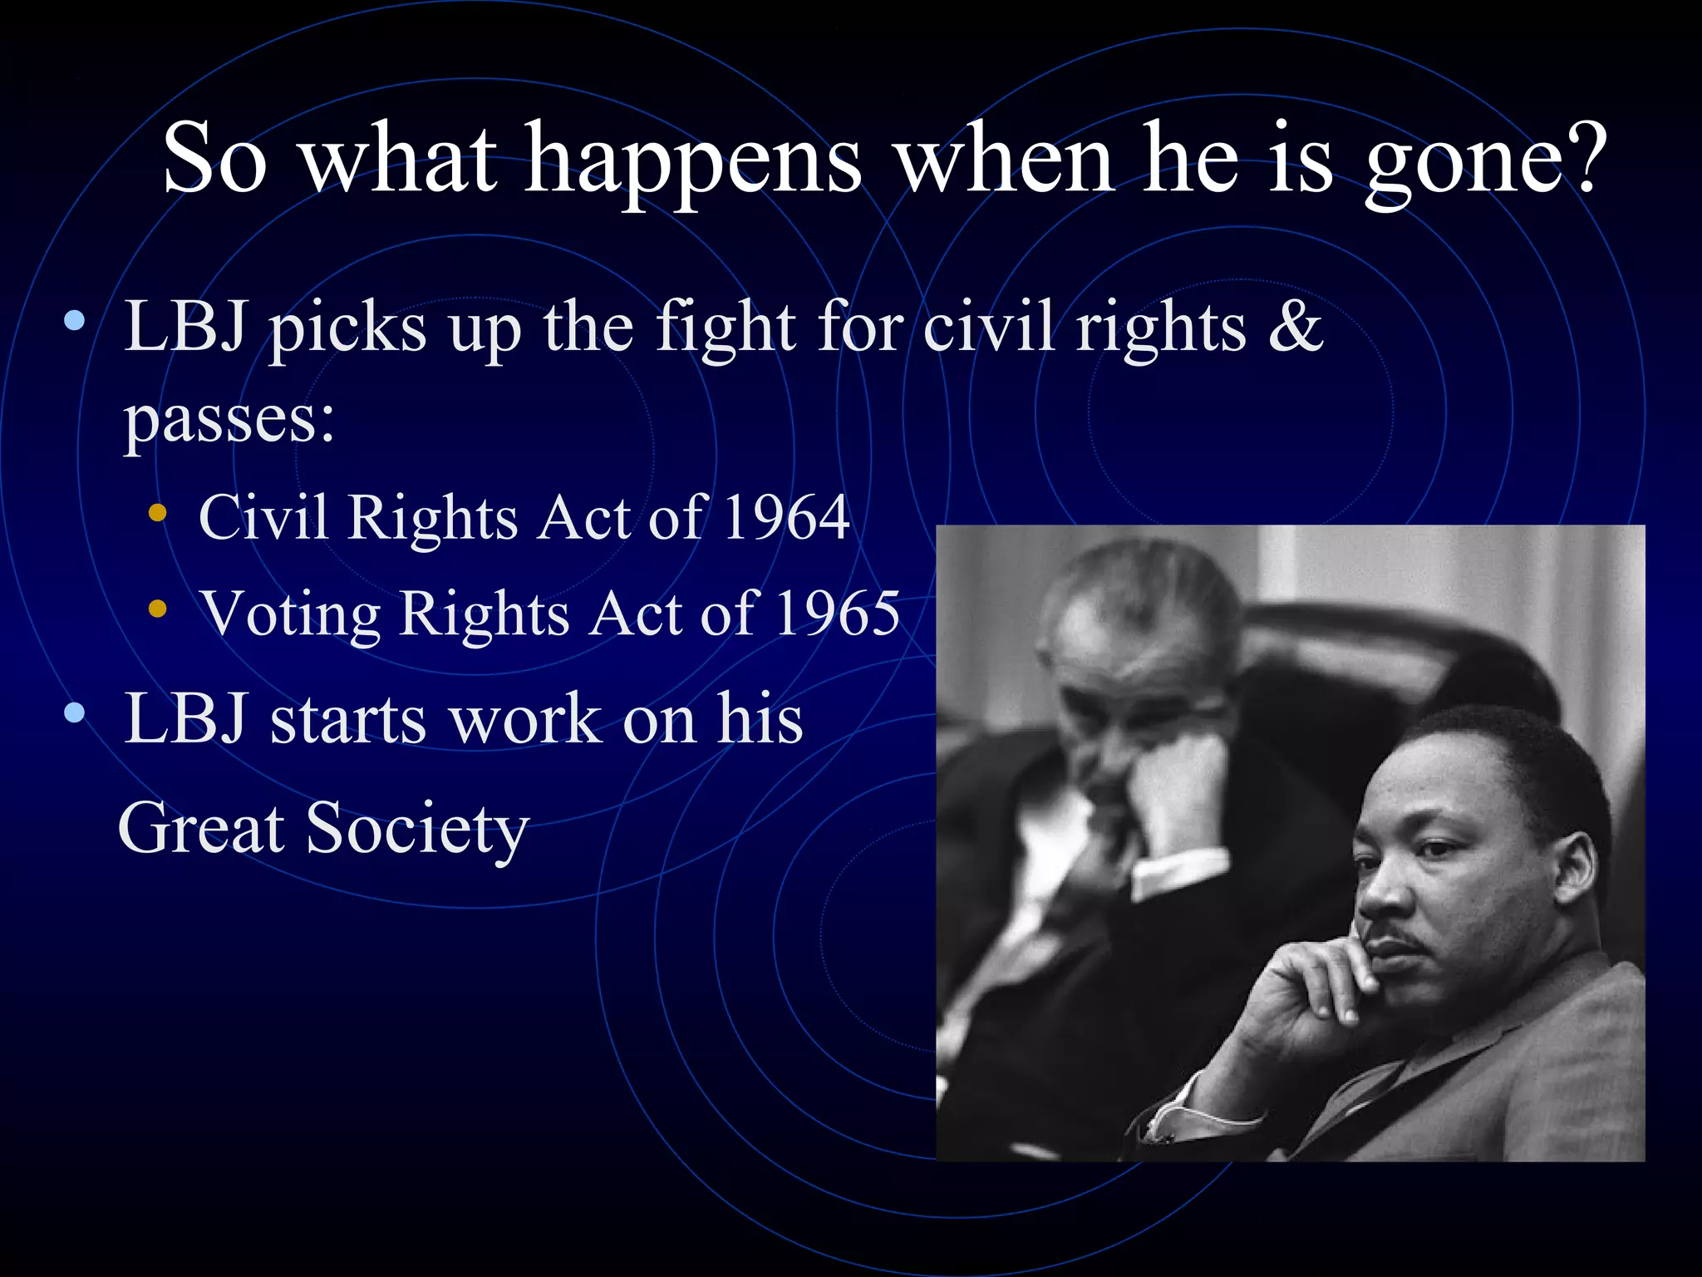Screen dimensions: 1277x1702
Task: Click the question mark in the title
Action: tap(1577, 158)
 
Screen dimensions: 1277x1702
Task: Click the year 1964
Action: tap(786, 518)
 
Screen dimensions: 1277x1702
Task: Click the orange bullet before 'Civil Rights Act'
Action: tap(157, 513)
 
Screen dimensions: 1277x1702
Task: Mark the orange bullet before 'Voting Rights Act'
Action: tap(157, 609)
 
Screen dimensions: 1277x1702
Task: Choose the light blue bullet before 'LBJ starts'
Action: tap(74, 712)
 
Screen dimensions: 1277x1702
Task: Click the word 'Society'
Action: tap(417, 829)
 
